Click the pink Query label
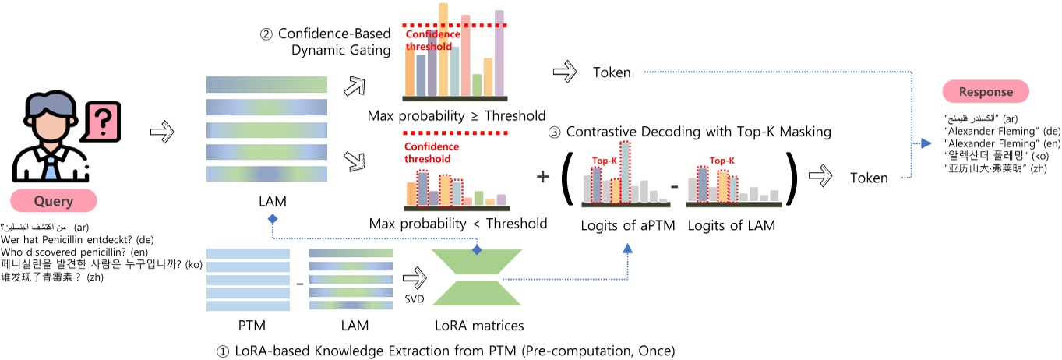click(x=53, y=202)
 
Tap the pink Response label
click(x=986, y=92)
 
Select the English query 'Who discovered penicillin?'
click(x=70, y=252)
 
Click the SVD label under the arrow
click(x=415, y=298)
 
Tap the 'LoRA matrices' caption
click(x=478, y=325)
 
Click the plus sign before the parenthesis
click(x=542, y=177)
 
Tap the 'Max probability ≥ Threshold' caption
click(x=457, y=116)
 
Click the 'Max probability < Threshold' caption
click(x=458, y=224)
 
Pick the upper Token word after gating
click(x=612, y=72)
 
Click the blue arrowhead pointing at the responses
click(x=926, y=143)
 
